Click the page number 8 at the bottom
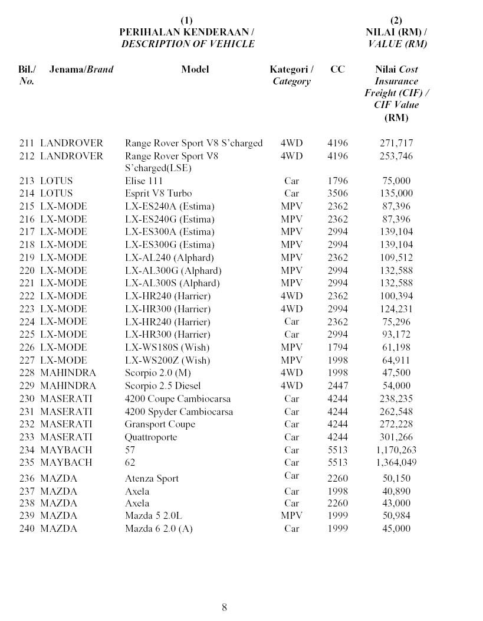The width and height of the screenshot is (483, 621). pyautogui.click(x=224, y=607)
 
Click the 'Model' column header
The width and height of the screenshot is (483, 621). pyautogui.click(x=195, y=69)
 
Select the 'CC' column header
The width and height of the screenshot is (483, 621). pyautogui.click(x=337, y=69)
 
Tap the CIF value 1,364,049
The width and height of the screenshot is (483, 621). pyautogui.click(x=396, y=463)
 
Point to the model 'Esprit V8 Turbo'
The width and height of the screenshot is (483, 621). pyautogui.click(x=158, y=194)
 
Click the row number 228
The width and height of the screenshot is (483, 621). pyautogui.click(x=27, y=373)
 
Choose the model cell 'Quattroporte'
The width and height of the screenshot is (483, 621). pyautogui.click(x=151, y=437)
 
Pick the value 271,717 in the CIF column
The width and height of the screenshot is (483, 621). pyautogui.click(x=396, y=143)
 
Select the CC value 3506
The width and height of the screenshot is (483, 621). pyautogui.click(x=337, y=194)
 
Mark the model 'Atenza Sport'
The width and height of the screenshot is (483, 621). pyautogui.click(x=152, y=479)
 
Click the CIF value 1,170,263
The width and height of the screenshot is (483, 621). pyautogui.click(x=396, y=450)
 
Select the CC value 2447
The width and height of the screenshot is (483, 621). pyautogui.click(x=337, y=386)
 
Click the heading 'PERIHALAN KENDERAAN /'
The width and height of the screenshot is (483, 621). pyautogui.click(x=186, y=32)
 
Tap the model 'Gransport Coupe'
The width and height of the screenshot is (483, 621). pyautogui.click(x=160, y=424)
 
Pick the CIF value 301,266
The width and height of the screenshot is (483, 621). pyautogui.click(x=396, y=437)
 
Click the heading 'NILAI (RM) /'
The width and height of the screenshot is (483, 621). pyautogui.click(x=396, y=32)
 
